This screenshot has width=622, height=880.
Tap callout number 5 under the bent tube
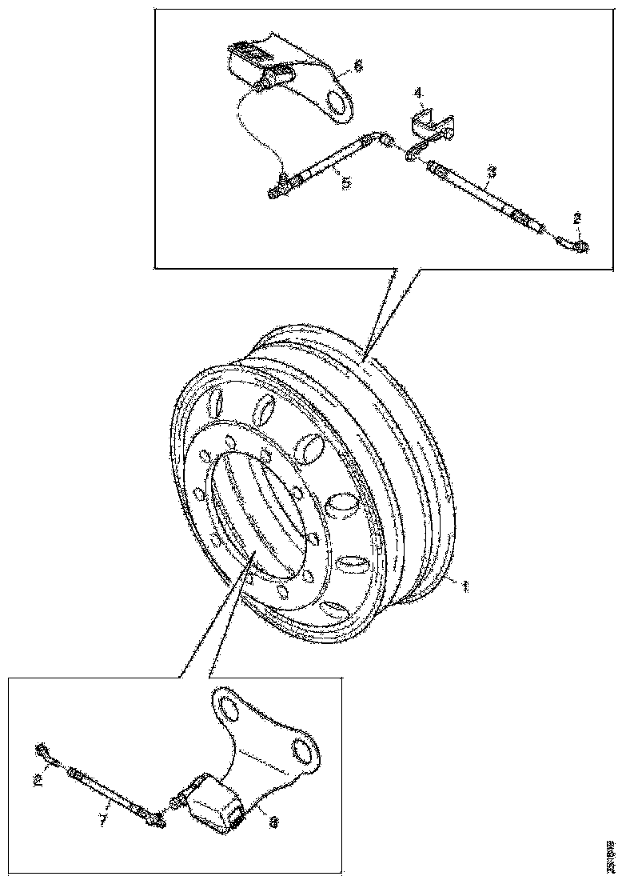(345, 183)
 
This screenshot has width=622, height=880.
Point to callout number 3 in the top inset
(492, 171)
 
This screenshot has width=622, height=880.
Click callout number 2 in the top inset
(577, 216)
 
